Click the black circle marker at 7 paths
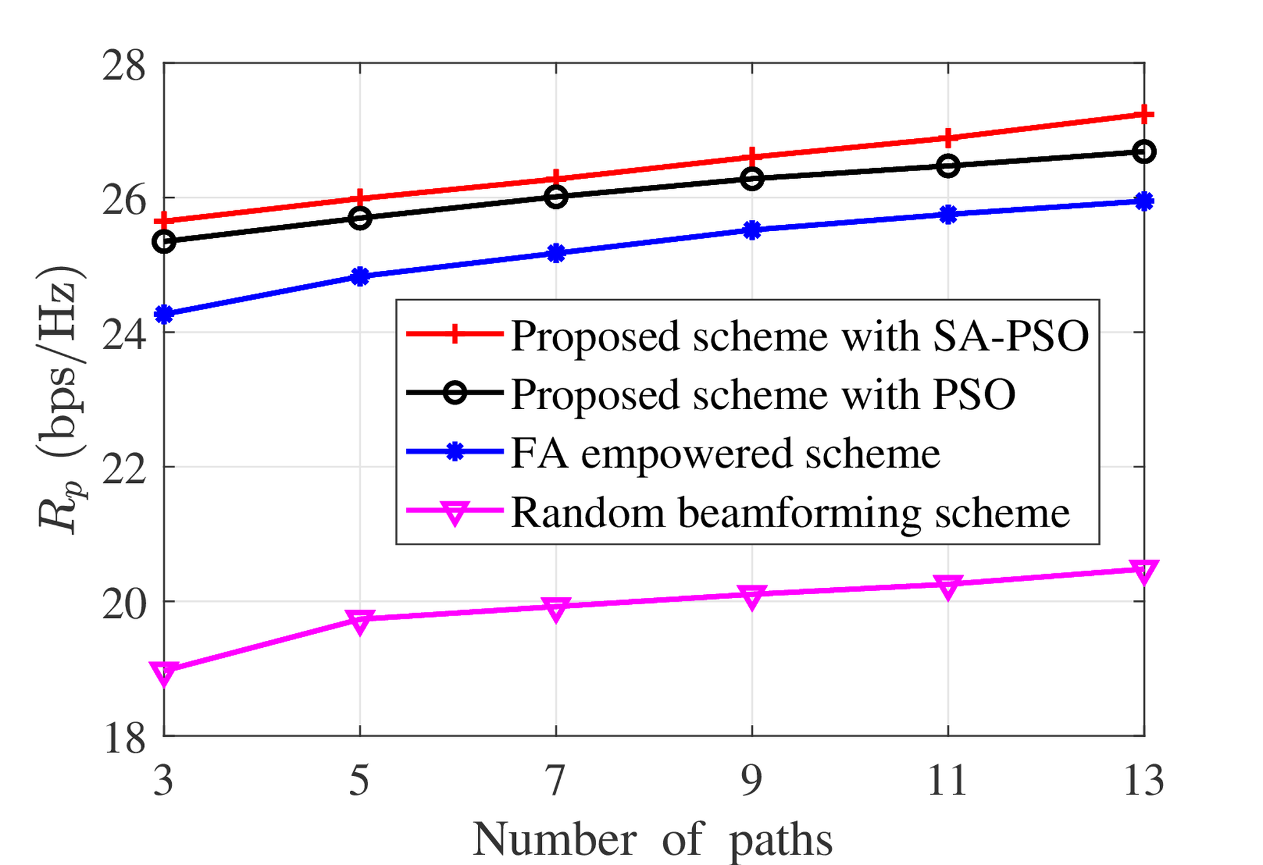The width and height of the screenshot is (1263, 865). pyautogui.click(x=556, y=197)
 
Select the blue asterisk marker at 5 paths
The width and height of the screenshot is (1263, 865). pyautogui.click(x=360, y=276)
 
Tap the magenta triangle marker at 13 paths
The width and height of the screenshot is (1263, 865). pyautogui.click(x=1144, y=571)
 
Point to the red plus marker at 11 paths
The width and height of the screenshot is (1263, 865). pyautogui.click(x=948, y=138)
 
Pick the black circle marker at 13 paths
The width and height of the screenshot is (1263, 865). pyautogui.click(x=1144, y=152)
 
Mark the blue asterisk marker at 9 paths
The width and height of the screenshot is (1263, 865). pyautogui.click(x=751, y=230)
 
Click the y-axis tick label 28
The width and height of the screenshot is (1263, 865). pyautogui.click(x=124, y=66)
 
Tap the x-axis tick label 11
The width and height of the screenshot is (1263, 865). pyautogui.click(x=947, y=780)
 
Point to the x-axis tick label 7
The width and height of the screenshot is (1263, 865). pyautogui.click(x=555, y=780)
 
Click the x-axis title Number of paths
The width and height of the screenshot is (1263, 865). pyautogui.click(x=652, y=840)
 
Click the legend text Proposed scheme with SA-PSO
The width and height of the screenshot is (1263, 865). pyautogui.click(x=799, y=336)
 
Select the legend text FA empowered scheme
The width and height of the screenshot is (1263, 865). pyautogui.click(x=725, y=453)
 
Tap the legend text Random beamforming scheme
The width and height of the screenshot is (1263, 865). pyautogui.click(x=790, y=512)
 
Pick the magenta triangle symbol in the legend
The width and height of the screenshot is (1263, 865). pyautogui.click(x=454, y=513)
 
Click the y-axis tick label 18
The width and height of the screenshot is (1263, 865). pyautogui.click(x=124, y=738)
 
